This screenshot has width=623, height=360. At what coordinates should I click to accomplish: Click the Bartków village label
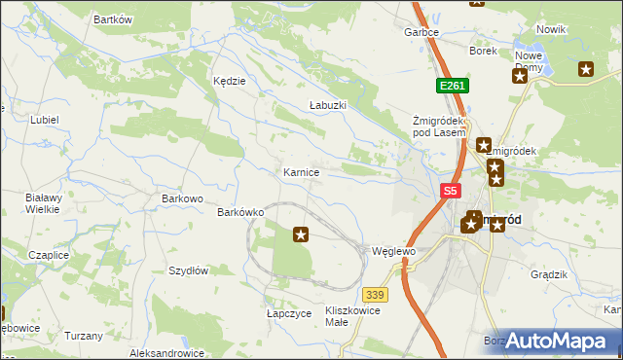(112, 19)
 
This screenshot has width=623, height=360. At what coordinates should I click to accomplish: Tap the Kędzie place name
(229, 81)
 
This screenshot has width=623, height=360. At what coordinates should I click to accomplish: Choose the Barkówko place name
(241, 211)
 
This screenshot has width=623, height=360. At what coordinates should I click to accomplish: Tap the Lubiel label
(45, 120)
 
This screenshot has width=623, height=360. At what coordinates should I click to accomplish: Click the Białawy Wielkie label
(43, 202)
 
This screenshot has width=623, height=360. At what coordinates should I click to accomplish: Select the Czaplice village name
(49, 254)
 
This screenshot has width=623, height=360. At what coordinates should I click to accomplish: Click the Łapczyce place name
(288, 314)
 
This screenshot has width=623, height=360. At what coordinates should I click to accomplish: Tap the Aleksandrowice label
(165, 353)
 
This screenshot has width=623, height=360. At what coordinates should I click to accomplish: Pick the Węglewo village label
(393, 251)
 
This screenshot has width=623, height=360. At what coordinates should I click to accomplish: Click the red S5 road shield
(450, 192)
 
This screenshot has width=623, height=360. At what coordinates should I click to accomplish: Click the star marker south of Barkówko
(301, 234)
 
